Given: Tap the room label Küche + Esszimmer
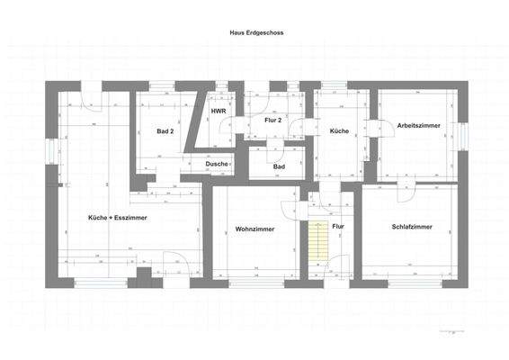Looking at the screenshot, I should (x=118, y=218).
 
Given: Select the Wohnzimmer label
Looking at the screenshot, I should (x=254, y=229).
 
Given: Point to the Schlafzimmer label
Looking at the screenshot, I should (x=413, y=227).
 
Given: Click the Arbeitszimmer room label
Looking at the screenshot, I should (x=418, y=126).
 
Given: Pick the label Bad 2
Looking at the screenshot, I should (x=165, y=131).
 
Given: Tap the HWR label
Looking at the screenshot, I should (x=219, y=111).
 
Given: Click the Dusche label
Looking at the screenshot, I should (x=217, y=164).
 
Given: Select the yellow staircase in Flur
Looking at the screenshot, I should (x=317, y=238).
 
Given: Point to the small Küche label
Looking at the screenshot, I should (x=339, y=131).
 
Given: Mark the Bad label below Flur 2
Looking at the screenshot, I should (x=279, y=166).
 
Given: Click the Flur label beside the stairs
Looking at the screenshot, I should (x=338, y=227).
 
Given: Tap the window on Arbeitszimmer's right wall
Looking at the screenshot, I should (x=461, y=135).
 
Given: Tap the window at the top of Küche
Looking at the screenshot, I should (x=334, y=85).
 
